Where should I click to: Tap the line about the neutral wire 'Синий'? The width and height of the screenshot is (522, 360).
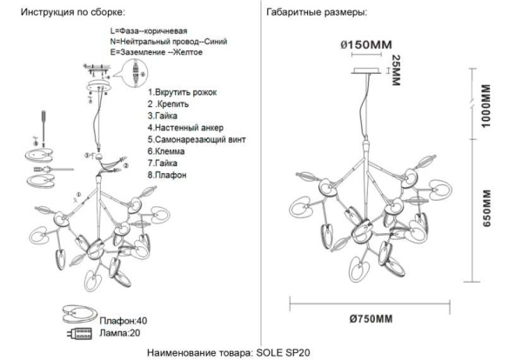pyautogui.click(x=159, y=43)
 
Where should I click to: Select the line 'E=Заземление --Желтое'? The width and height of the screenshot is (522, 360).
pyautogui.click(x=157, y=53)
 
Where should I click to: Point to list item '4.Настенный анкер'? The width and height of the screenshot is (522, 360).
pyautogui.click(x=184, y=127)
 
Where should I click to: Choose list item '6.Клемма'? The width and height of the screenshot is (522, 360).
pyautogui.click(x=170, y=150)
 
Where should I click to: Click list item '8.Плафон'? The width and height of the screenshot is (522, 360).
pyautogui.click(x=171, y=174)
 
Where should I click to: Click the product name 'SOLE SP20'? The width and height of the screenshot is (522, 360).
pyautogui.click(x=281, y=351)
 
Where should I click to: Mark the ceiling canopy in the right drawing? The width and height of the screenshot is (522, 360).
pyautogui.click(x=365, y=70)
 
